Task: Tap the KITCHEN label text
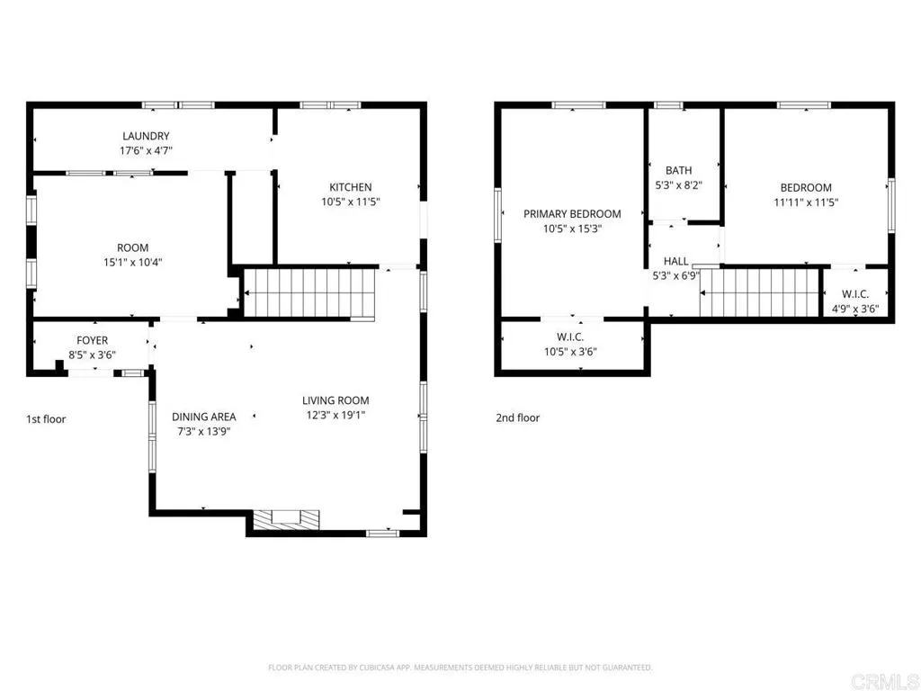point(351,187)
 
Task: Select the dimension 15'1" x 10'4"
point(132,263)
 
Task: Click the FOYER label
point(92,340)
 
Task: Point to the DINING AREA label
point(204,417)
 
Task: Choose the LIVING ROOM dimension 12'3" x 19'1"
point(335,415)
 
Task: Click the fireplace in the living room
point(285,518)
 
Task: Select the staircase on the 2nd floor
point(761,293)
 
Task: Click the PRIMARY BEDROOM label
point(572,214)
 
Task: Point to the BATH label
point(678,170)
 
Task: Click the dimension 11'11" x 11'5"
point(806,202)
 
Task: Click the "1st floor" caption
point(46,418)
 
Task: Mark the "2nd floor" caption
point(517,417)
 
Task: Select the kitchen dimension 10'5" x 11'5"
point(351,202)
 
